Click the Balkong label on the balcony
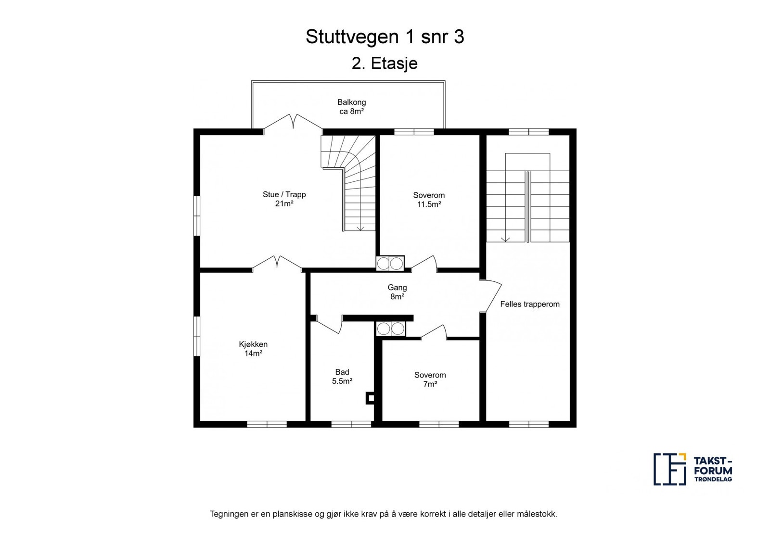pos(351,102)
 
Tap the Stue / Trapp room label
pos(284,194)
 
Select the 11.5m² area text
pos(429,204)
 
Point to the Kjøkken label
pos(253,344)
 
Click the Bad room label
pos(342,372)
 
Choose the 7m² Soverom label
pos(430,379)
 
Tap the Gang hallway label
pos(397,288)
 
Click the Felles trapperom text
pos(529,304)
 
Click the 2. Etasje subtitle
pos(385,63)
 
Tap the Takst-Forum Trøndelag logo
pos(693,468)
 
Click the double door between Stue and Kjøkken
pos(277,263)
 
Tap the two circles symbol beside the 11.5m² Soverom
pos(390,263)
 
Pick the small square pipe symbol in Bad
pos(370,398)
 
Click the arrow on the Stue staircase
pos(360,228)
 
